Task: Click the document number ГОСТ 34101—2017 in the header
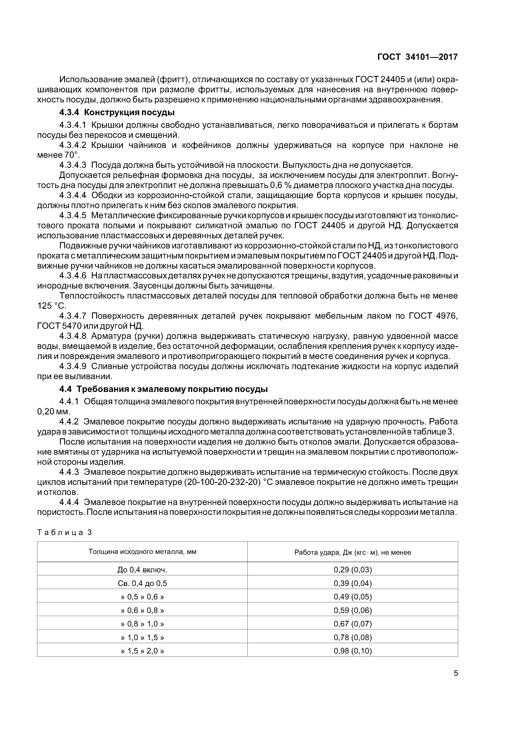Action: (x=417, y=57)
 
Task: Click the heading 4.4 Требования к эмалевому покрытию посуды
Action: (x=163, y=389)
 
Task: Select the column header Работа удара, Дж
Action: (x=352, y=552)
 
